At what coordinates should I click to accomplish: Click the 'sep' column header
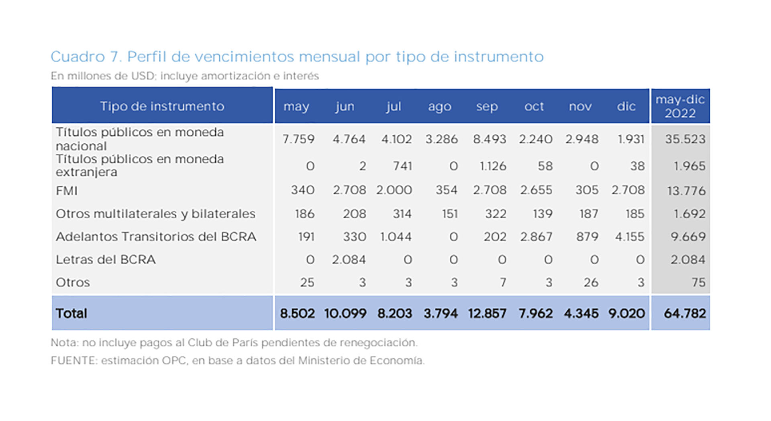click(487, 106)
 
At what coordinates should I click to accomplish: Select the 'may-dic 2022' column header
click(680, 106)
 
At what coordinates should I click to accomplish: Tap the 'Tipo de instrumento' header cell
click(162, 106)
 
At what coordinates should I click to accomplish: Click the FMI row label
click(67, 190)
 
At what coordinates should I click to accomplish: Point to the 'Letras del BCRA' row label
click(106, 260)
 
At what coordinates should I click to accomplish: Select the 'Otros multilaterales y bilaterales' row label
click(155, 214)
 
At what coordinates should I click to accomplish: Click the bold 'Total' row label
click(71, 313)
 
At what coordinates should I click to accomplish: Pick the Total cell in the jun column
click(345, 313)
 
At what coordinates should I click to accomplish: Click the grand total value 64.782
click(685, 313)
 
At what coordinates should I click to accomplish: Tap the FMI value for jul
click(394, 190)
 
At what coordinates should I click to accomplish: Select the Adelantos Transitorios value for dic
click(630, 237)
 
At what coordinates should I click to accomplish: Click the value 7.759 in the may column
click(298, 139)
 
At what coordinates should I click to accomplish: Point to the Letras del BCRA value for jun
click(349, 260)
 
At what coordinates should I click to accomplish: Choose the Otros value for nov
click(591, 283)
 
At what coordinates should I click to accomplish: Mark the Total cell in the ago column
click(441, 313)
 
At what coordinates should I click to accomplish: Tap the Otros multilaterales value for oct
click(543, 214)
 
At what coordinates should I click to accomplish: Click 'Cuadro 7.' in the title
click(86, 57)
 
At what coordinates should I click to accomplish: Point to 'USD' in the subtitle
click(143, 76)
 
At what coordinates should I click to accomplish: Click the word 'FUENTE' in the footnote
click(74, 360)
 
